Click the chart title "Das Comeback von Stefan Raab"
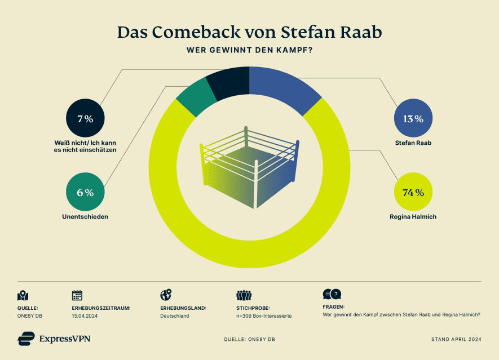point(249,32)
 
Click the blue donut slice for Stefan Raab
point(285,90)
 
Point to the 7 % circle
point(85,118)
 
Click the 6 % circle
point(85,192)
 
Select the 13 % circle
point(413,118)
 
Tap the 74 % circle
point(413,192)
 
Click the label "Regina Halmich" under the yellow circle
point(413,216)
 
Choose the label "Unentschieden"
point(85,216)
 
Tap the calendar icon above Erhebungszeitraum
point(77,295)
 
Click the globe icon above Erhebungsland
point(166,295)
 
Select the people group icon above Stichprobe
point(244,295)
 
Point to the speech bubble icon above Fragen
point(332,294)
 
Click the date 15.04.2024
point(85,316)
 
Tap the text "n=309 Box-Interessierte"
point(264,316)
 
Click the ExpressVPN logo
point(54,339)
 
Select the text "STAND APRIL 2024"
point(456,340)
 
